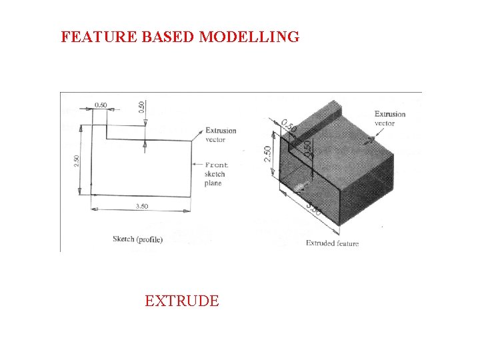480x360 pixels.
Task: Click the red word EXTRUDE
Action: [181, 301]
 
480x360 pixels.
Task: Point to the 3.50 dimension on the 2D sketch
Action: [141, 206]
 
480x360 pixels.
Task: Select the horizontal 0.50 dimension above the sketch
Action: [101, 105]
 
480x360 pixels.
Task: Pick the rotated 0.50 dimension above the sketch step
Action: [141, 106]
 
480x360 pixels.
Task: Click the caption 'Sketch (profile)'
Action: [137, 239]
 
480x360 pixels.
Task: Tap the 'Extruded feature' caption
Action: [332, 243]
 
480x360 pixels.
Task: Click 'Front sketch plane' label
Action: [216, 174]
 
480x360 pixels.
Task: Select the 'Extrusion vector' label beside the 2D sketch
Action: [220, 135]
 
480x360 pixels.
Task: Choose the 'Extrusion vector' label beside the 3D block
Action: [389, 118]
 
